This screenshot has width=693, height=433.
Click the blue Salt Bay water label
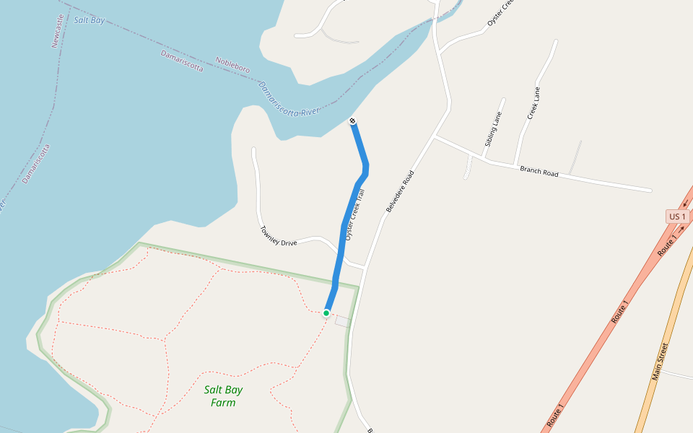click(x=90, y=20)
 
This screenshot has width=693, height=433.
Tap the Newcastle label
click(x=57, y=30)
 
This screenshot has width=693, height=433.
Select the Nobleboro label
click(x=232, y=64)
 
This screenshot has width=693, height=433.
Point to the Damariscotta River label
click(x=289, y=99)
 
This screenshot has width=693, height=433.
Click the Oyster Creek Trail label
click(x=355, y=214)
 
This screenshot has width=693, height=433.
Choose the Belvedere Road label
click(x=401, y=191)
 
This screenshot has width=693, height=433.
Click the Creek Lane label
click(x=533, y=103)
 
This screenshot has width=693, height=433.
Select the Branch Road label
click(x=539, y=172)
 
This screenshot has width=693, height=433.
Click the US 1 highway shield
click(x=676, y=216)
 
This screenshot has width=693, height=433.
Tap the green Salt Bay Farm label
click(x=223, y=396)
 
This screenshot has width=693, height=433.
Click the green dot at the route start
click(x=326, y=312)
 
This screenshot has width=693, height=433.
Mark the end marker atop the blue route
click(x=352, y=120)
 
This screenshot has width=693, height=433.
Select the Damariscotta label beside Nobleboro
click(x=182, y=61)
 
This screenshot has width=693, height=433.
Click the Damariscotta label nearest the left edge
click(x=36, y=164)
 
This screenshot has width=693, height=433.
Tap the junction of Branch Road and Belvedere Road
click(x=435, y=136)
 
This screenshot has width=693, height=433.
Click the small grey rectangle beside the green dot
click(x=342, y=321)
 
